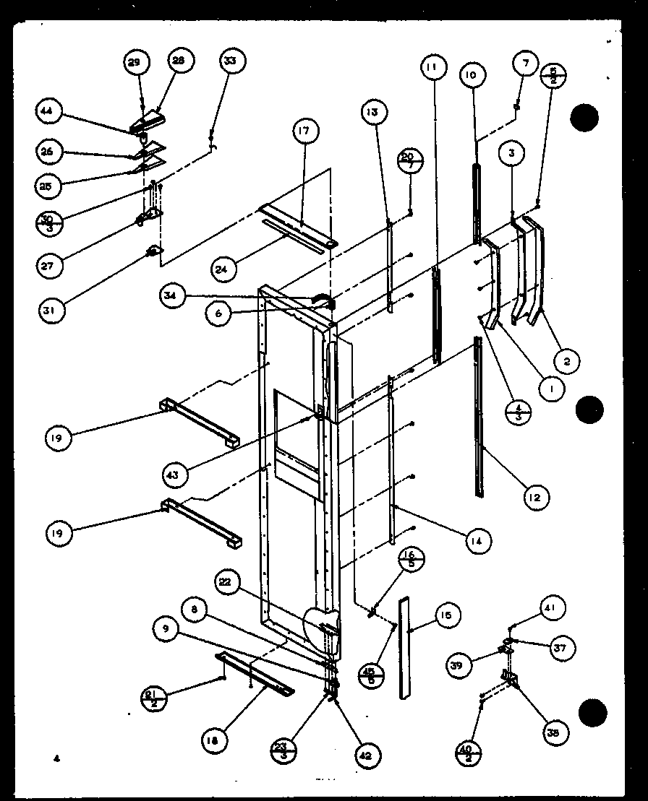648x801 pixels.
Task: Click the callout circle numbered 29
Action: (x=135, y=64)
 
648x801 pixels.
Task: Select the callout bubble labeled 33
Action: (x=230, y=62)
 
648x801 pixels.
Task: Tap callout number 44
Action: (x=48, y=111)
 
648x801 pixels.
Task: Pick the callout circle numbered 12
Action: (x=536, y=497)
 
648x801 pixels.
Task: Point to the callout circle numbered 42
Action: (x=367, y=756)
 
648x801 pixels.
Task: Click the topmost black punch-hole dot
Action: (x=584, y=117)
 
